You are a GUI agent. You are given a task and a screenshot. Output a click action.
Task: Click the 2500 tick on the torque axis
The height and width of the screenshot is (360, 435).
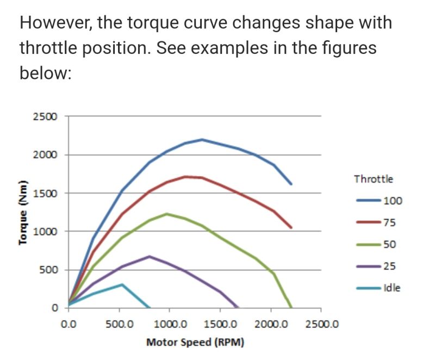click(48, 116)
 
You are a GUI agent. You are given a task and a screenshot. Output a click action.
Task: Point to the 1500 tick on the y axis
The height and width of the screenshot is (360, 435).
click(48, 193)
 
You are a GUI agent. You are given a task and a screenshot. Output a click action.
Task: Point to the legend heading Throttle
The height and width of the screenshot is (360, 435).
click(374, 178)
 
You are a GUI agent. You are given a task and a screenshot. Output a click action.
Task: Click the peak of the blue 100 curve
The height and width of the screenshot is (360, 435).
click(202, 139)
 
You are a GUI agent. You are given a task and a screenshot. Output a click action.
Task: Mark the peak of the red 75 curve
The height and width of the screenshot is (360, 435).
click(185, 176)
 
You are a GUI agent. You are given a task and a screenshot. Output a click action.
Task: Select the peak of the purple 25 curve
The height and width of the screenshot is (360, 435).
click(150, 256)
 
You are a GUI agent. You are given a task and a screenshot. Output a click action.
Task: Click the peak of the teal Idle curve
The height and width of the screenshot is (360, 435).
click(122, 284)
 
